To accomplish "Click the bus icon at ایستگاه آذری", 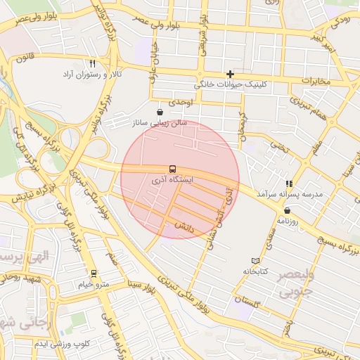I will click(172, 169).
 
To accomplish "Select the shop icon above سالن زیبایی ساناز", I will click(160, 112).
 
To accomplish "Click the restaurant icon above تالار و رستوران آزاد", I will click(92, 63).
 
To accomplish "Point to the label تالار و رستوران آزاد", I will click(92, 74).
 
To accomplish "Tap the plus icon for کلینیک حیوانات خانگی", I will click(230, 74).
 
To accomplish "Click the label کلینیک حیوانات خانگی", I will click(230, 84).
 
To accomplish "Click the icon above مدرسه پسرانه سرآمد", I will click(287, 183).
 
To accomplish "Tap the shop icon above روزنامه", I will click(287, 211).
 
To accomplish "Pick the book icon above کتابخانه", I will click(255, 261).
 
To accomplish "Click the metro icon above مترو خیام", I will click(93, 273).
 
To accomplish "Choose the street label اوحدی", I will click(181, 103).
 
